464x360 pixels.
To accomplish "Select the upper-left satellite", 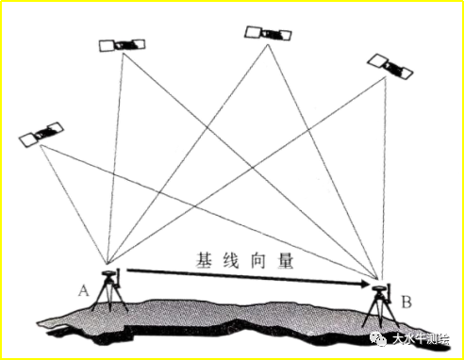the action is click(122, 44).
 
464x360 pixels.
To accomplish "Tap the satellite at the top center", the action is click(268, 33).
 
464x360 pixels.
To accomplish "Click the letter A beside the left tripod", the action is click(84, 289).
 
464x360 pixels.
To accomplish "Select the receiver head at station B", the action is click(381, 287).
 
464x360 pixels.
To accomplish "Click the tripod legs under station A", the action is click(112, 297).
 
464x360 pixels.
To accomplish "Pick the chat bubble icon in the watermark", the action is click(380, 337).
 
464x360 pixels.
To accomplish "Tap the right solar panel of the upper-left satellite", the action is click(136, 42).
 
